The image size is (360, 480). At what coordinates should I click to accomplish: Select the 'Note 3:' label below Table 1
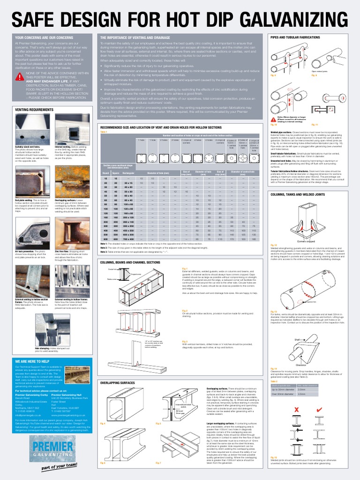click(105, 252)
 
